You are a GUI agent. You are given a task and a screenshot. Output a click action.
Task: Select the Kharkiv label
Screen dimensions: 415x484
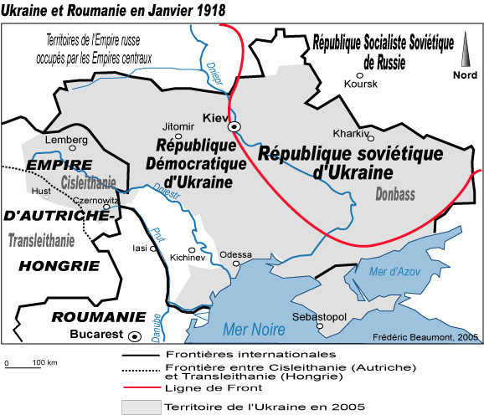pyautogui.click(x=350, y=133)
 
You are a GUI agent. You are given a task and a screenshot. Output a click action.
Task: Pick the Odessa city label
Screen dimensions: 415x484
pyautogui.click(x=235, y=254)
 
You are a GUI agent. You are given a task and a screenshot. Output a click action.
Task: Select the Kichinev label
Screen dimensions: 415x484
pyautogui.click(x=187, y=258)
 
